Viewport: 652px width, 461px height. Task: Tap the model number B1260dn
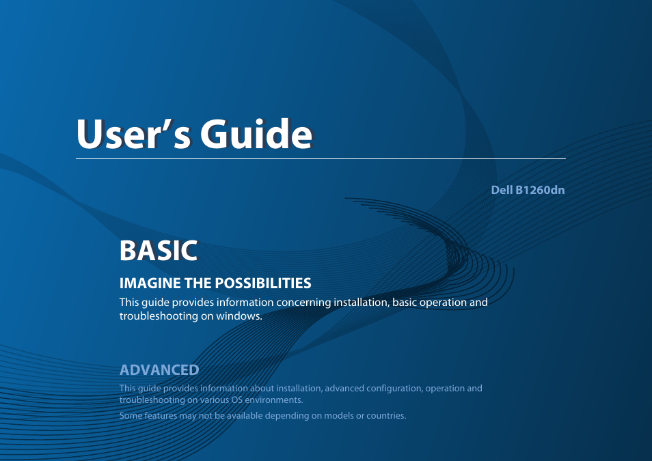(x=540, y=190)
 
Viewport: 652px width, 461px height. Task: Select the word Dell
(x=502, y=190)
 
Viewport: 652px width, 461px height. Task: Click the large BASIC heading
(x=159, y=250)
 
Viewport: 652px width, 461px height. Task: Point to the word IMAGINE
(x=150, y=283)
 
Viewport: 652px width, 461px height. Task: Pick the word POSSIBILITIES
(x=263, y=283)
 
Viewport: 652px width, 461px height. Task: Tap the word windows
(x=239, y=316)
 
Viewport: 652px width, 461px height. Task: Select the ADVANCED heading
(x=159, y=369)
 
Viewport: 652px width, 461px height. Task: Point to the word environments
(x=273, y=400)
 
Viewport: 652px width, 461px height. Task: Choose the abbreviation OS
(x=237, y=400)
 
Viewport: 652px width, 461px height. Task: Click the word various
(x=215, y=400)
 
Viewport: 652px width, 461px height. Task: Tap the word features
(x=161, y=416)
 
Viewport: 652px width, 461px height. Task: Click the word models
(x=339, y=416)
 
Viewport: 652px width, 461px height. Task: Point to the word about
(x=262, y=388)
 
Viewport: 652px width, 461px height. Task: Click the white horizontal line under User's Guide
(x=321, y=159)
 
